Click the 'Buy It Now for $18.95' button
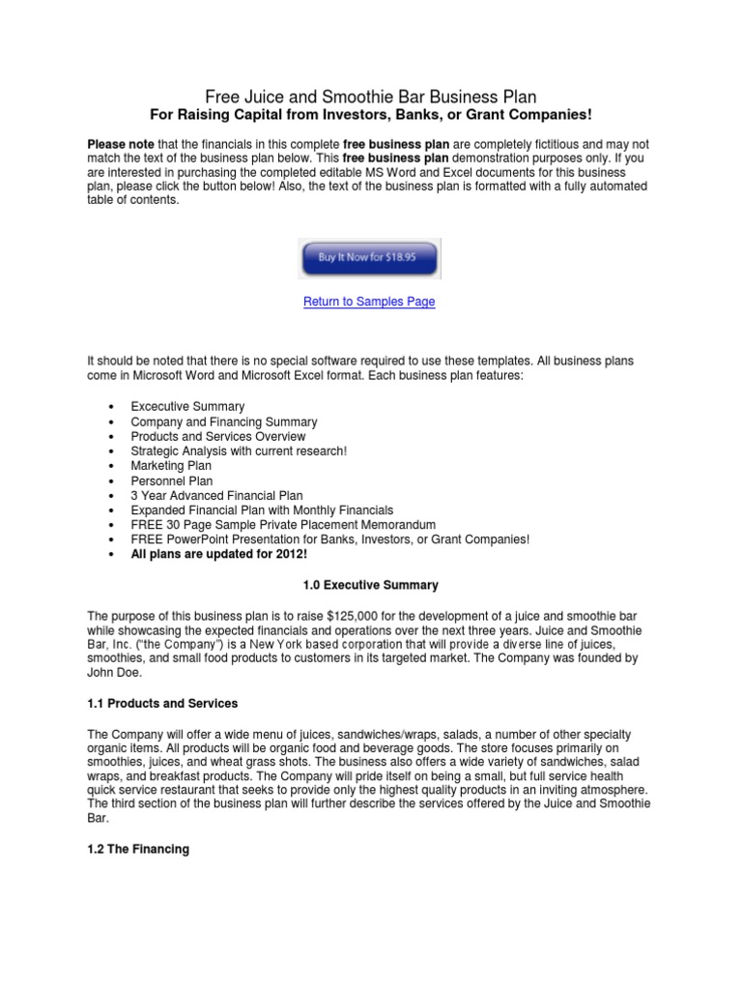369,259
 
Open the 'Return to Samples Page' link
369,302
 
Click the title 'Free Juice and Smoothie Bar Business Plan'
370,97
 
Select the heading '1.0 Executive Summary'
370,585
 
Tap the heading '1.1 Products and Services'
162,703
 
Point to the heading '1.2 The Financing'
139,849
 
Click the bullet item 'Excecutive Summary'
187,406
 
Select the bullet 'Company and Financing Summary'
224,422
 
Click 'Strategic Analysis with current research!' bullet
239,451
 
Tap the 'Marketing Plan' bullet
171,465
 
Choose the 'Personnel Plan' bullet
172,480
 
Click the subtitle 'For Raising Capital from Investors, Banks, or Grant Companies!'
370,115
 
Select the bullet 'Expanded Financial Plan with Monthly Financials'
262,510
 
